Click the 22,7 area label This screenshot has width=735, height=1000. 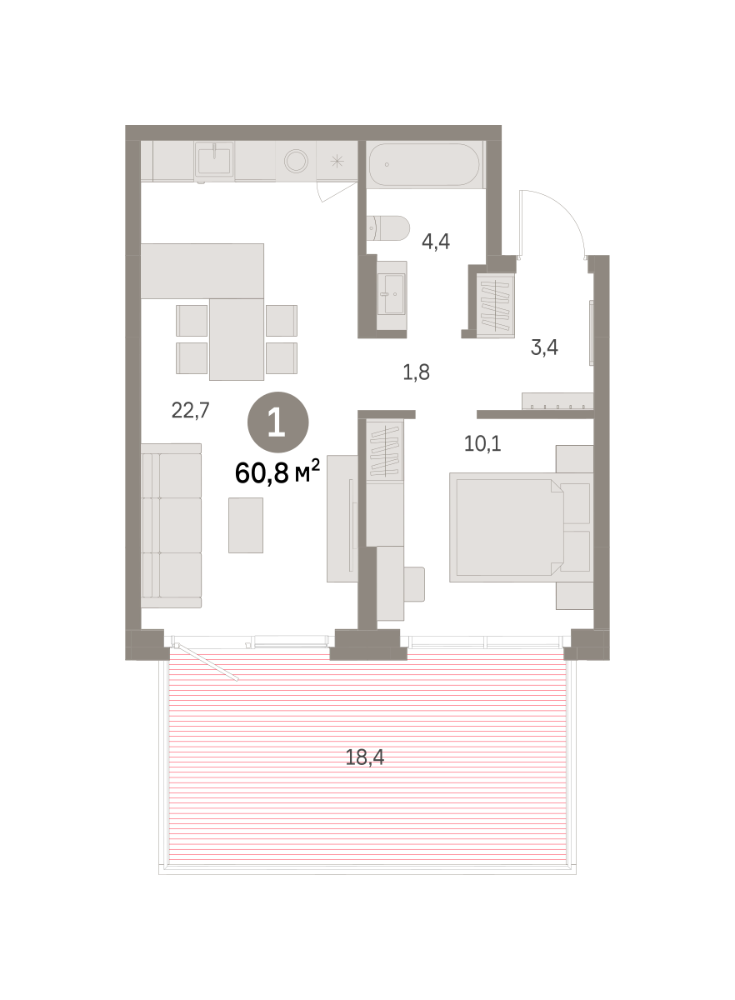click(190, 410)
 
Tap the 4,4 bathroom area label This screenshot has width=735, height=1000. click(435, 242)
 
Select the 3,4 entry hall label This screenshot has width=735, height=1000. click(544, 347)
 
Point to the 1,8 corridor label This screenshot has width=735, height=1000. click(416, 372)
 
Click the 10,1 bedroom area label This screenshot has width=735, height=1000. click(482, 443)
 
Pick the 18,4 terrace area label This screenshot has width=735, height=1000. click(365, 757)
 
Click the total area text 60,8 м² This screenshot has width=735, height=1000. click(277, 472)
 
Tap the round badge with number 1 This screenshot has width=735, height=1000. click(277, 422)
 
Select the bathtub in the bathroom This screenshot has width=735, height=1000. click(423, 164)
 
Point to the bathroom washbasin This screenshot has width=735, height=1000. click(391, 294)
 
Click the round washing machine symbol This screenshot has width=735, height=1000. click(296, 161)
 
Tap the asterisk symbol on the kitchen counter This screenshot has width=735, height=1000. click(337, 161)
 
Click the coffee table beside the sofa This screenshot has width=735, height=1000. click(246, 526)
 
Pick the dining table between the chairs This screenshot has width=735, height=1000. click(236, 339)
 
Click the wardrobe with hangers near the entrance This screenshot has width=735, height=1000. click(495, 306)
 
